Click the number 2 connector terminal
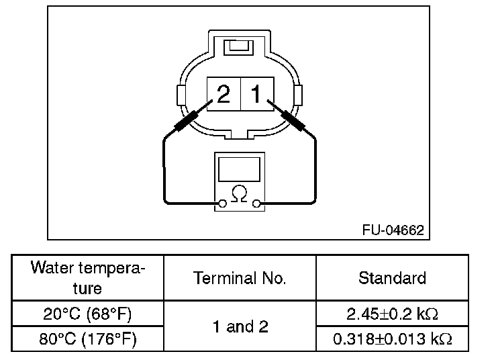[224, 93]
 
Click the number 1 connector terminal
[257, 93]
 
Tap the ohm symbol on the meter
[239, 193]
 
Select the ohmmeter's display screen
[239, 169]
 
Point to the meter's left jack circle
[222, 204]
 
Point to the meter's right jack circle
[257, 204]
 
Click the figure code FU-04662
[393, 230]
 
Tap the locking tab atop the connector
[238, 48]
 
